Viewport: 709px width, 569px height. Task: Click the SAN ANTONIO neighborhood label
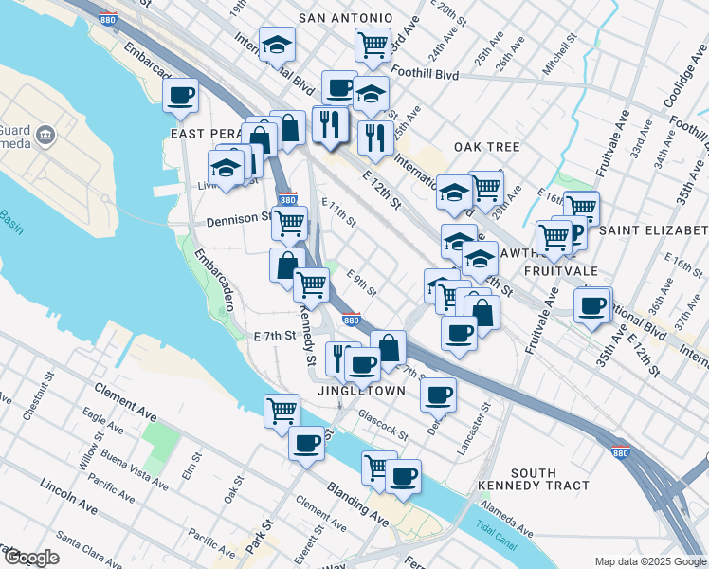pos(345,18)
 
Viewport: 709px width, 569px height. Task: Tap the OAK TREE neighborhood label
pos(487,147)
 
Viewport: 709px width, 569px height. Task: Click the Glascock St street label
pos(382,424)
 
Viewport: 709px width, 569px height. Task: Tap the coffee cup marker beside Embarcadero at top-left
pos(180,95)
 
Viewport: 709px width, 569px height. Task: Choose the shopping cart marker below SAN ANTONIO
pos(373,44)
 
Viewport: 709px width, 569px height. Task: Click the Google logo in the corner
pos(31,558)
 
